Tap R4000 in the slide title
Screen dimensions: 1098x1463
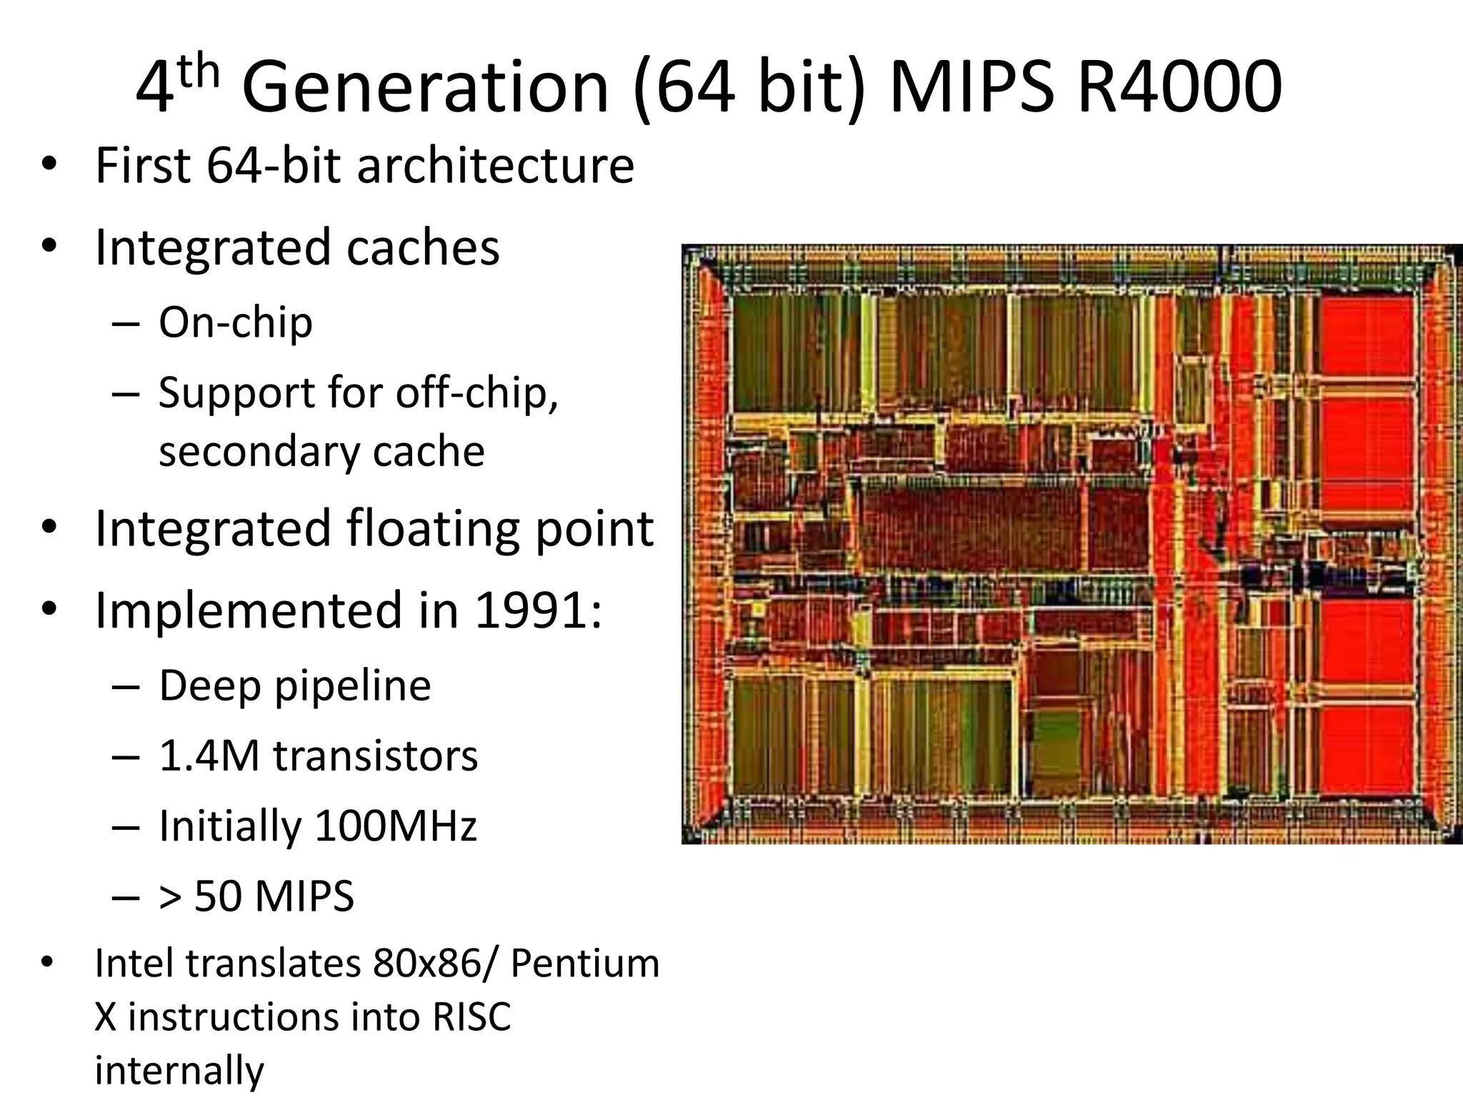point(1179,87)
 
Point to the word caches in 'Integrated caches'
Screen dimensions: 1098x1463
point(423,247)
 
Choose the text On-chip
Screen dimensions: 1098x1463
point(236,322)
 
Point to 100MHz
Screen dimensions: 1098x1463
point(396,826)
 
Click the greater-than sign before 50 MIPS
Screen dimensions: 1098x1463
point(170,896)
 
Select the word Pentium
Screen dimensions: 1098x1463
point(585,963)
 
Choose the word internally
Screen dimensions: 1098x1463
point(179,1070)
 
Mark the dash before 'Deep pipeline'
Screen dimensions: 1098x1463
point(126,686)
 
